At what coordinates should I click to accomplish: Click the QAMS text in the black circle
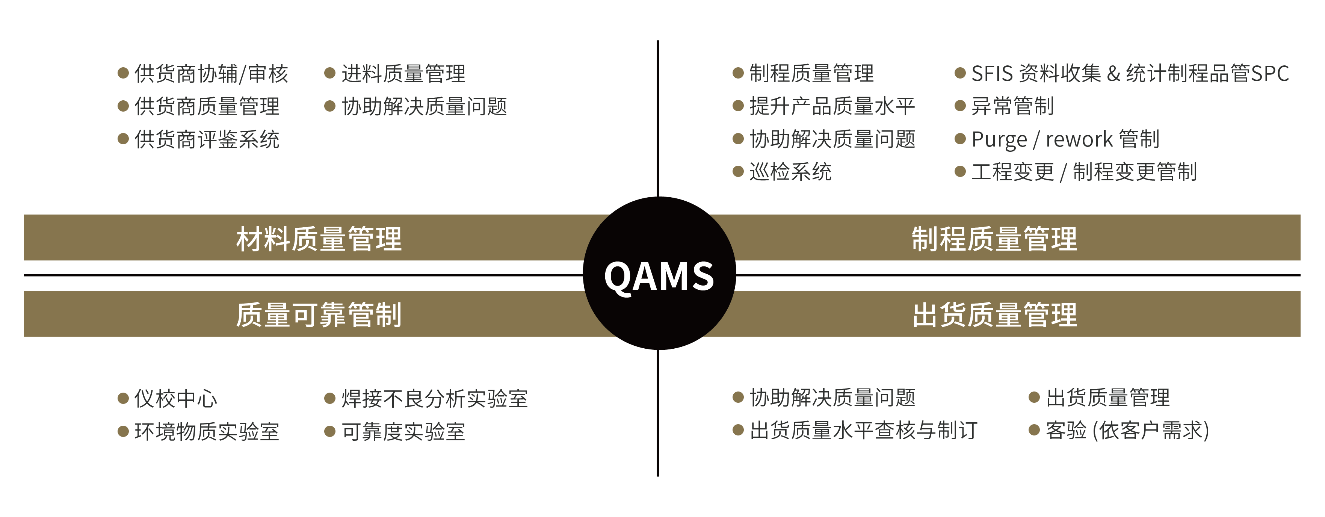tap(659, 276)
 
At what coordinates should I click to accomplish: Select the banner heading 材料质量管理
tap(319, 239)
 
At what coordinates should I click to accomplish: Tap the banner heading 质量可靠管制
tap(319, 314)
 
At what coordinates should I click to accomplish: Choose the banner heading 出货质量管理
tap(994, 314)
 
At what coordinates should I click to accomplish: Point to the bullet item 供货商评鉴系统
tap(207, 139)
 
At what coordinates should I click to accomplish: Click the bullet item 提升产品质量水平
tap(832, 106)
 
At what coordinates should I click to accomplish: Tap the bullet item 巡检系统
tap(790, 171)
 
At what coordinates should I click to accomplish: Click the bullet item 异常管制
tap(1013, 106)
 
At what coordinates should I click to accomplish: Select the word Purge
tap(999, 139)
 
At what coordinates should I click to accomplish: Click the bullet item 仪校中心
tap(176, 398)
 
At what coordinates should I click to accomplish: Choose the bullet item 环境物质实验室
tap(207, 431)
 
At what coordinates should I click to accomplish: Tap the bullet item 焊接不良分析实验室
tap(435, 398)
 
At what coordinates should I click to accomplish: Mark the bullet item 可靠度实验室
tap(404, 431)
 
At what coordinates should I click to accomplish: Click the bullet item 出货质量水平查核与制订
tap(864, 430)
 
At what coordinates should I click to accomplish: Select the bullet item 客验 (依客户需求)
tap(1127, 430)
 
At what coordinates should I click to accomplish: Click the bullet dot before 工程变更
tap(960, 171)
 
